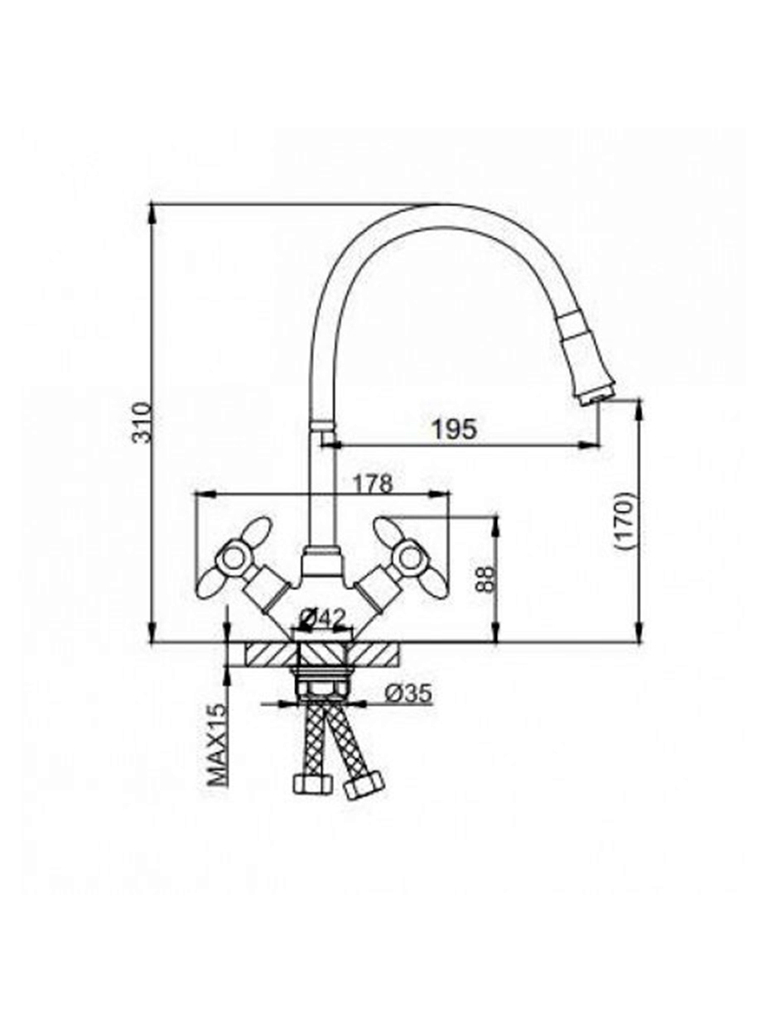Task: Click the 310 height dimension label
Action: tap(141, 422)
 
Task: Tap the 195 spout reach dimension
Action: tap(455, 430)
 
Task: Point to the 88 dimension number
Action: tap(485, 580)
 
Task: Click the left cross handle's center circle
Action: tap(234, 559)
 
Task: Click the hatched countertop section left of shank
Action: tap(272, 654)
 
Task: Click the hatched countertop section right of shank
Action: tap(374, 654)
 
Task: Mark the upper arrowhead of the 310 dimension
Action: tap(152, 213)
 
